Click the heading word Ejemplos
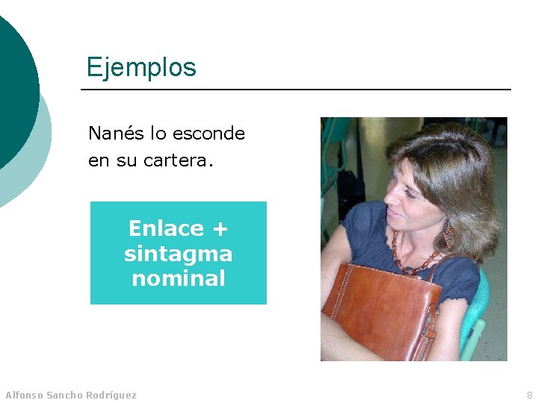(x=141, y=68)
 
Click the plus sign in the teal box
(x=220, y=228)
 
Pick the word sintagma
(x=178, y=254)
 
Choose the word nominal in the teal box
(x=178, y=278)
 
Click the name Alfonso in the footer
(x=24, y=395)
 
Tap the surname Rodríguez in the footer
(x=112, y=395)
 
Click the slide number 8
(x=529, y=395)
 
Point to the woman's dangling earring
(x=448, y=233)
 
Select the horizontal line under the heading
(x=295, y=90)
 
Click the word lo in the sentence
(x=158, y=134)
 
